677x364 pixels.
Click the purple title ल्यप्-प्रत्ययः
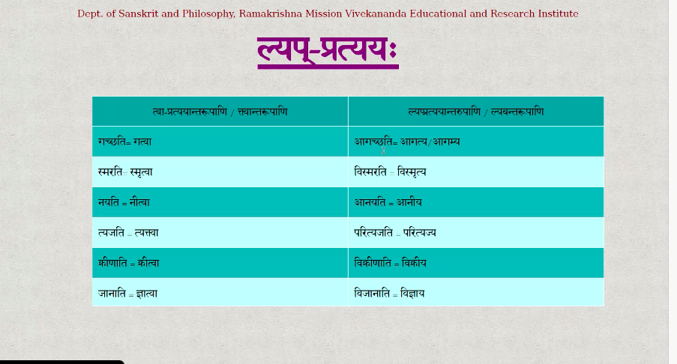point(328,51)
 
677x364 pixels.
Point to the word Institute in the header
point(558,13)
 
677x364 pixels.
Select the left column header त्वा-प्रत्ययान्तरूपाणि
point(190,112)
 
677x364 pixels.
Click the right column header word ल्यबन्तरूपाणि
point(517,112)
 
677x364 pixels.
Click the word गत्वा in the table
point(142,142)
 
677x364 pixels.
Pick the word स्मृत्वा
point(141,172)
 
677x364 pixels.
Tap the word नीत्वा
point(139,202)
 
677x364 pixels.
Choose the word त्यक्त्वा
point(147,233)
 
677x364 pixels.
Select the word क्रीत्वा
point(148,263)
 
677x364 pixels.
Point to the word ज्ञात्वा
point(147,294)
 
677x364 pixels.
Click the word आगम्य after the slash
point(446,142)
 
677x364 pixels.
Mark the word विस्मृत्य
point(412,172)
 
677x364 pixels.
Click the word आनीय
point(409,202)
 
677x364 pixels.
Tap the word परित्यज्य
point(419,233)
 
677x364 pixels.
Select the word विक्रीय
point(414,263)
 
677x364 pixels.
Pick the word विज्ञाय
point(412,294)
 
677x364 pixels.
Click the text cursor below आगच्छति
point(383,151)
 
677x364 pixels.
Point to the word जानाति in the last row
point(112,294)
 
